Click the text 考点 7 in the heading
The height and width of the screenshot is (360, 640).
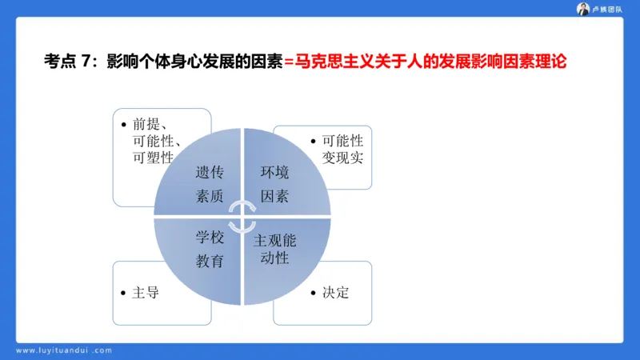(x=66, y=62)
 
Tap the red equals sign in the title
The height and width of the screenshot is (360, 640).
(x=289, y=62)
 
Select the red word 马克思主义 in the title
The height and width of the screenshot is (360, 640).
(x=332, y=62)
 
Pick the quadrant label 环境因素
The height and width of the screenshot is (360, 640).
(x=274, y=184)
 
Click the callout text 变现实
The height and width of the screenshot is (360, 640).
(x=342, y=158)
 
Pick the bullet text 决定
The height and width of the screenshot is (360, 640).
(x=336, y=293)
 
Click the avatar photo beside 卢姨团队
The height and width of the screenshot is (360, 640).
(x=583, y=9)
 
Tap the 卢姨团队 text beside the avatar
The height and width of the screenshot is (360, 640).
(x=606, y=9)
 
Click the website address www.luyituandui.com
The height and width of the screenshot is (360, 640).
(x=64, y=350)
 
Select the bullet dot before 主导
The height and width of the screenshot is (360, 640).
(x=123, y=293)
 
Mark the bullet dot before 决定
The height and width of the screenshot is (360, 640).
(x=313, y=293)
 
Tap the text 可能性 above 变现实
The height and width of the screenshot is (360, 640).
(x=342, y=141)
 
